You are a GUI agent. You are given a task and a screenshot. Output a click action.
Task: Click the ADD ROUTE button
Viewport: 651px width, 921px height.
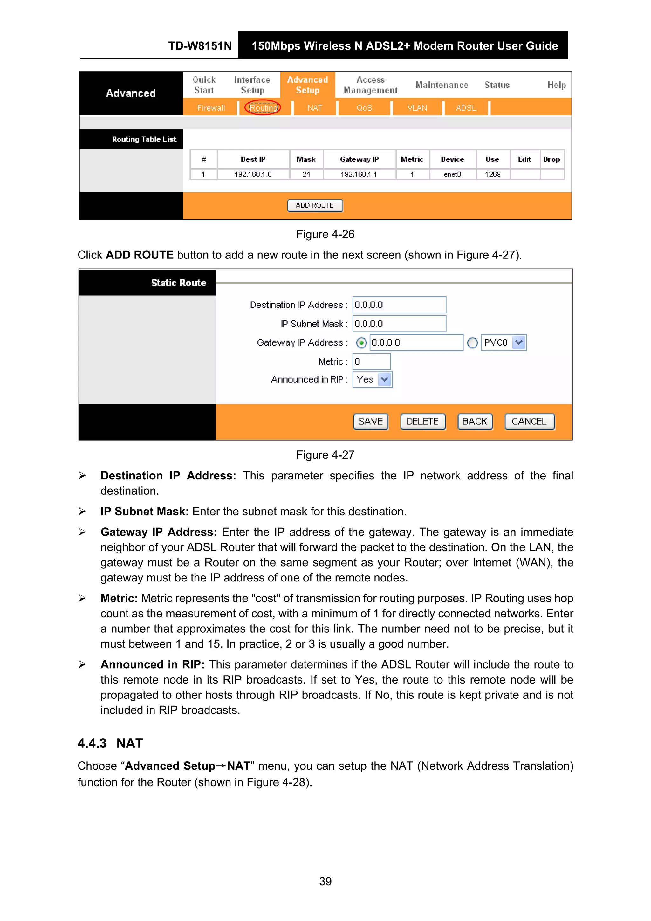pyautogui.click(x=315, y=205)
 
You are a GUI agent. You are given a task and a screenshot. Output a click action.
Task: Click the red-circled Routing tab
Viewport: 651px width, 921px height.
pyautogui.click(x=263, y=107)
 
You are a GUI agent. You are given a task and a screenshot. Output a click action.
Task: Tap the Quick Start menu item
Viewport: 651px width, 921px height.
pyautogui.click(x=204, y=85)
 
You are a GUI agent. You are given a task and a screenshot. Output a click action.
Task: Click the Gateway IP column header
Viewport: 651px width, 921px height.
pyautogui.click(x=360, y=159)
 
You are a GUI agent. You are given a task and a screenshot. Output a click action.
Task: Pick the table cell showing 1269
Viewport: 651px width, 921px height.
pyautogui.click(x=493, y=174)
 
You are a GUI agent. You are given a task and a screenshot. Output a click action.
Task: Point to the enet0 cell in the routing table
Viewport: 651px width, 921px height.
pyautogui.click(x=452, y=174)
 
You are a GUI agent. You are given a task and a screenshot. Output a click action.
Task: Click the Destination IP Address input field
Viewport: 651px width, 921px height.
pyautogui.click(x=399, y=305)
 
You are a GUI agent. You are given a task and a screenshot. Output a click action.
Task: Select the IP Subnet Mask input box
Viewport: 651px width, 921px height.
pyautogui.click(x=399, y=324)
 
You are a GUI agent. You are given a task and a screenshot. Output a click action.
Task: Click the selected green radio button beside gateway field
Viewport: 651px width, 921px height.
pyautogui.click(x=361, y=343)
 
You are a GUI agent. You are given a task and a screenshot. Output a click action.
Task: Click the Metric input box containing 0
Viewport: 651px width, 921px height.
pyautogui.click(x=371, y=361)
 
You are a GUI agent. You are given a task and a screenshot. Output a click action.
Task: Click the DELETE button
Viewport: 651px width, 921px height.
pyautogui.click(x=422, y=422)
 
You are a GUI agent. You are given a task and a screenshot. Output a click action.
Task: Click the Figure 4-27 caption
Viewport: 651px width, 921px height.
pyautogui.click(x=325, y=455)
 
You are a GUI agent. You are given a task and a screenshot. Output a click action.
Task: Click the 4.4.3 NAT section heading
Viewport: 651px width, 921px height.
pyautogui.click(x=110, y=743)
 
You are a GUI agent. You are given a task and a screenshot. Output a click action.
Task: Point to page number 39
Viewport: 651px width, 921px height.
pyautogui.click(x=325, y=881)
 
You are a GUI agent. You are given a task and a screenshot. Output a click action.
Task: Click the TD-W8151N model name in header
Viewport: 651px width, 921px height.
pyautogui.click(x=200, y=46)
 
